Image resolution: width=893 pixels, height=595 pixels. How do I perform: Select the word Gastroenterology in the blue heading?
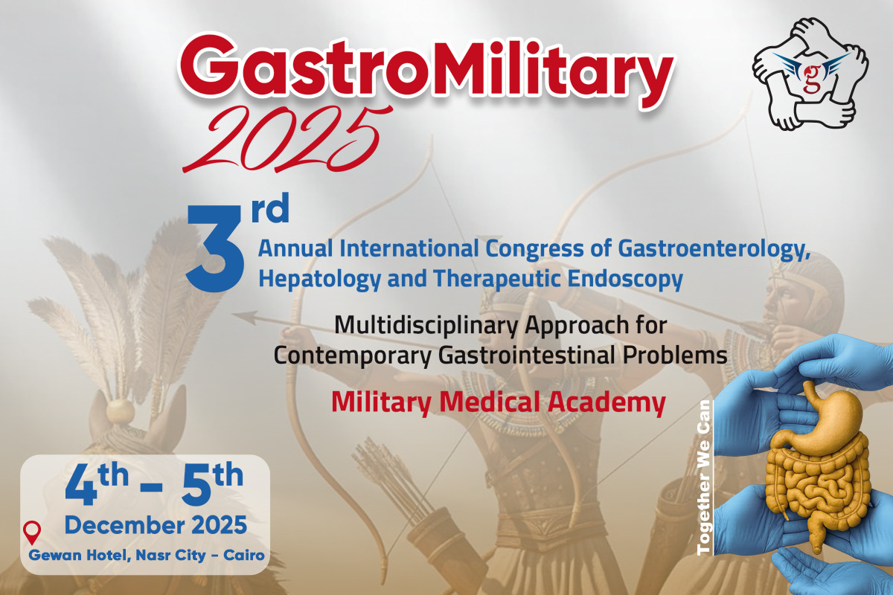(714, 249)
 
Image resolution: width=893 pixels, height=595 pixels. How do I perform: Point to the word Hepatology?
(320, 279)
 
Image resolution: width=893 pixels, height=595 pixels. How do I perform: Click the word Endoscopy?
(625, 279)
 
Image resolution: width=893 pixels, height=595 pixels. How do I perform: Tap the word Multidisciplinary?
(426, 326)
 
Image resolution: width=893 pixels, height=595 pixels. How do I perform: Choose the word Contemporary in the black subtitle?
(353, 356)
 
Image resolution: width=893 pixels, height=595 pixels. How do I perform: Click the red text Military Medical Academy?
(499, 403)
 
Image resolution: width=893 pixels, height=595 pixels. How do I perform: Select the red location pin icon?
(32, 533)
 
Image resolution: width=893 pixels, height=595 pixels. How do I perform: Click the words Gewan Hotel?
(79, 555)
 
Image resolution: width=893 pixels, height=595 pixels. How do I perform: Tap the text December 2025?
(156, 525)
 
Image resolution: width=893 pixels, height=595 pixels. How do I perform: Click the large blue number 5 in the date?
(196, 484)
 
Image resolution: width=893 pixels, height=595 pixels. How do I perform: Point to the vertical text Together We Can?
(704, 477)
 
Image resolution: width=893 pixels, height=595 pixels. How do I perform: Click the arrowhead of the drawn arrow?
(244, 318)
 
